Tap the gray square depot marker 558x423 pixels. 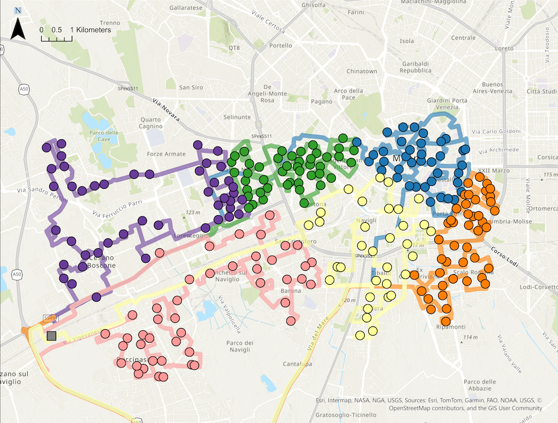pyautogui.click(x=52, y=336)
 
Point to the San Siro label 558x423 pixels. pyautogui.click(x=191, y=87)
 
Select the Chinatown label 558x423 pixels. pyautogui.click(x=362, y=71)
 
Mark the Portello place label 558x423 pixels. pyautogui.click(x=281, y=46)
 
